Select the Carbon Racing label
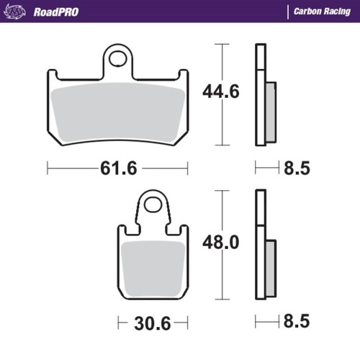322,12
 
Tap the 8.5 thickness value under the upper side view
297,169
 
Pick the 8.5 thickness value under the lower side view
297,320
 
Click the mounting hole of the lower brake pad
153,204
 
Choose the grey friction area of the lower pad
153,266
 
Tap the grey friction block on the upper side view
270,112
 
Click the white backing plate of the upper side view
261,94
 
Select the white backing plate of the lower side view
261,245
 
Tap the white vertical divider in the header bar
287,12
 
